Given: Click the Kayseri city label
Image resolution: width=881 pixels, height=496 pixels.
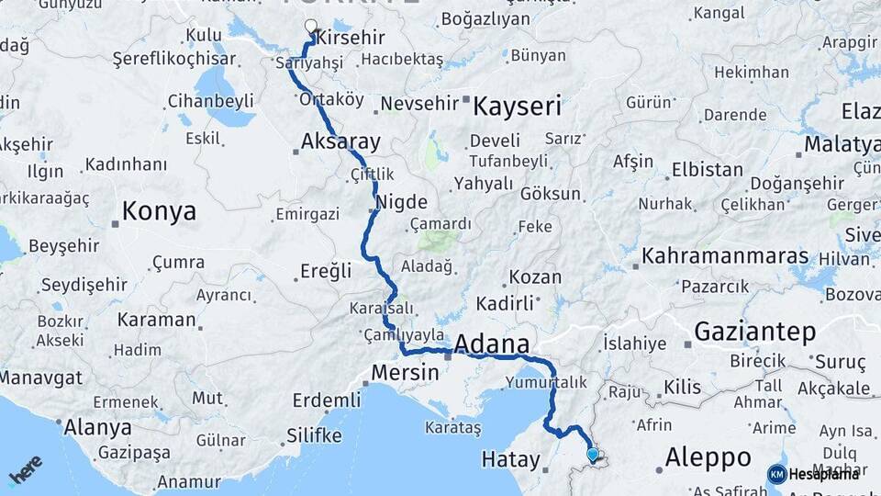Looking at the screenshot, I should (x=517, y=106).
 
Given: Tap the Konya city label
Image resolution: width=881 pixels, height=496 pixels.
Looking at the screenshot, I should (x=159, y=211).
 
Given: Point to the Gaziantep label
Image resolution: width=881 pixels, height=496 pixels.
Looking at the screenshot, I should (x=755, y=332).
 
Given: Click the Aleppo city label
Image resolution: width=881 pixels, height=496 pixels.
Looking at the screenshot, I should (x=708, y=457).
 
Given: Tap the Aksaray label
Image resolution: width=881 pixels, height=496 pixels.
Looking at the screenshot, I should (x=340, y=141).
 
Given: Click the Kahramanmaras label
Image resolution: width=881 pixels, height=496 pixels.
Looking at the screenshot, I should (x=725, y=255).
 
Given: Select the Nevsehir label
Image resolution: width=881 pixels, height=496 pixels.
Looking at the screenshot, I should (x=418, y=104).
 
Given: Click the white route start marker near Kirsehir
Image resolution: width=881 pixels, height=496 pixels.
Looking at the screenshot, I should (x=310, y=28).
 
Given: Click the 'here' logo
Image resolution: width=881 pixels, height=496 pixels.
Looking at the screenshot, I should (x=26, y=469).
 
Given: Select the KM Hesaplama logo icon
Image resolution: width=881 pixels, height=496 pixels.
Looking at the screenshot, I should (x=776, y=474).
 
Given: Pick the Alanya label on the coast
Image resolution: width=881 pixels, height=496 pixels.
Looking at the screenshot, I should (x=96, y=427).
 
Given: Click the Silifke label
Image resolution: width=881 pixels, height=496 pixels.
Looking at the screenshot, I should (x=315, y=434).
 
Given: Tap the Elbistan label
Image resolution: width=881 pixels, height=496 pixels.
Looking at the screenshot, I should (x=707, y=169).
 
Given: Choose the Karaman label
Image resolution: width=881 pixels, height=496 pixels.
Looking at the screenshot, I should (x=156, y=320).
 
